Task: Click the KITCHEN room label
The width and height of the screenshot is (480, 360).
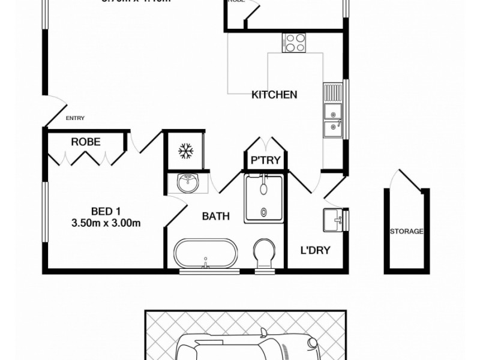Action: (274, 95)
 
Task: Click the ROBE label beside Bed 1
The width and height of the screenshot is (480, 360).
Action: (86, 142)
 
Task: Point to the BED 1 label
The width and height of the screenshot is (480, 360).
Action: (106, 211)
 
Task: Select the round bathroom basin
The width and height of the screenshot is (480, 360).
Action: (188, 183)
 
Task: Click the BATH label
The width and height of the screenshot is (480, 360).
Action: (215, 216)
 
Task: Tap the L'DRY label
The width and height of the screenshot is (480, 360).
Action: (315, 250)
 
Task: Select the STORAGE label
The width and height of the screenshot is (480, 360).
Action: (407, 232)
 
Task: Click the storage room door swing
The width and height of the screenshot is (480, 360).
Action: (401, 180)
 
